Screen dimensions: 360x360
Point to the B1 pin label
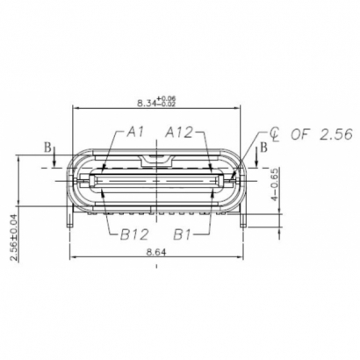182,234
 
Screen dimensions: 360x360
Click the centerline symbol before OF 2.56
275,134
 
